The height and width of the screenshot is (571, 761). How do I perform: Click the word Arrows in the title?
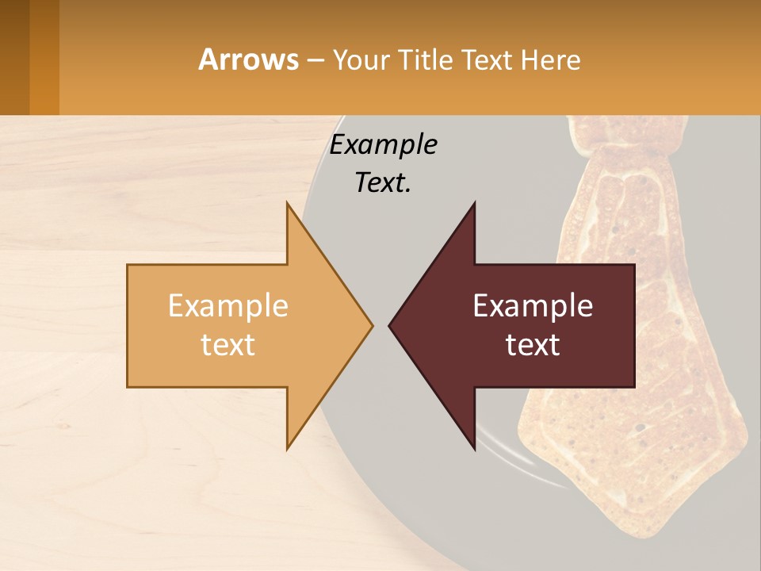click(x=248, y=59)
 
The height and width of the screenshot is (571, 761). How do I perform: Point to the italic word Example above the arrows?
click(x=384, y=145)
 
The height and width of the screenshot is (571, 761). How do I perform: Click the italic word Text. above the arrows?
click(x=384, y=183)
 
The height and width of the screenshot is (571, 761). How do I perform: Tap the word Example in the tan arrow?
click(x=228, y=306)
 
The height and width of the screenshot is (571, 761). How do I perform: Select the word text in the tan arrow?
click(x=228, y=345)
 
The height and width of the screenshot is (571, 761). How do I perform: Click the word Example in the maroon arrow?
click(x=533, y=306)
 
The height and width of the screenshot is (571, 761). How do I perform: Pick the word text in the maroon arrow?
click(x=533, y=345)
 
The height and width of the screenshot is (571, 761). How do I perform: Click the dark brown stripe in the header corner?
click(x=14, y=57)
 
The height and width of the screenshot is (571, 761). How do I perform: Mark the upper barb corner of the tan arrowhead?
click(x=288, y=204)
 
